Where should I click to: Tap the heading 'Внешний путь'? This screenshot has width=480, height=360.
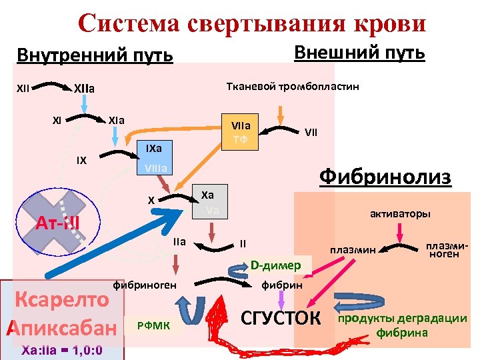(359, 52)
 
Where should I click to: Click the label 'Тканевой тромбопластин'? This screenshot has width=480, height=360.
(293, 87)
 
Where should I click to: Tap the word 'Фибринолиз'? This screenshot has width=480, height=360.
(385, 177)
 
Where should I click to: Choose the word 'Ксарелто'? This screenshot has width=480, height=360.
(62, 299)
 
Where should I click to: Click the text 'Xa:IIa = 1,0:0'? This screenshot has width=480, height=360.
(61, 350)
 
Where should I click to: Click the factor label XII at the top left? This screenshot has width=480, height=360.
(23, 87)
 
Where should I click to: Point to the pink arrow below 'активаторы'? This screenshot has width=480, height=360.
(400, 233)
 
